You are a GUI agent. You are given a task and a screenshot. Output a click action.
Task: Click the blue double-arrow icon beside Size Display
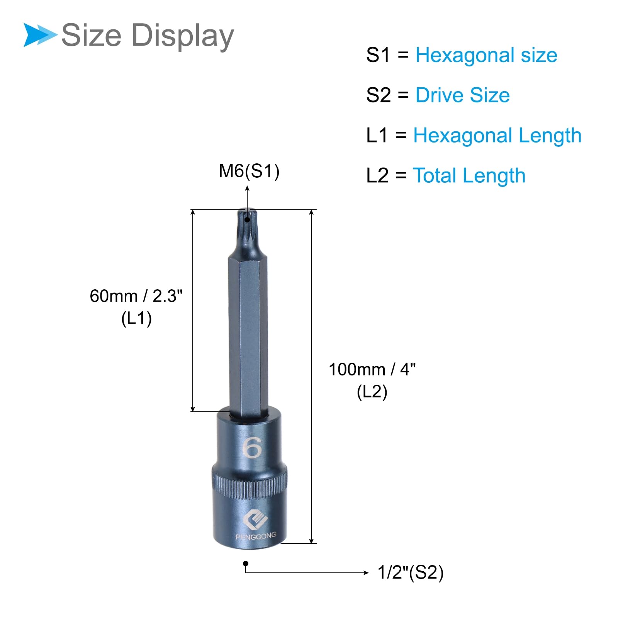41,35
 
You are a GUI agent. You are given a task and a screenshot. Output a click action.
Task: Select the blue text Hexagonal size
486,55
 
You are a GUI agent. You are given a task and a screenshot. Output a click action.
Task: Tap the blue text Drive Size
462,95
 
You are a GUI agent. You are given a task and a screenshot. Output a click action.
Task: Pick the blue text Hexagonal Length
497,136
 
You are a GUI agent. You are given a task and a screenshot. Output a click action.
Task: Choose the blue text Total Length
469,176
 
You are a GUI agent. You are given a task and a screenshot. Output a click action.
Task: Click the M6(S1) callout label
249,171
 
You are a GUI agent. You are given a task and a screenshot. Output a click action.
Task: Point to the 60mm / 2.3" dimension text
136,296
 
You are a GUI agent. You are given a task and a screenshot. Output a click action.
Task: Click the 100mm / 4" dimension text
372,370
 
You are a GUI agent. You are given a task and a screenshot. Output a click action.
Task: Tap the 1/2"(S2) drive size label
411,572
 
